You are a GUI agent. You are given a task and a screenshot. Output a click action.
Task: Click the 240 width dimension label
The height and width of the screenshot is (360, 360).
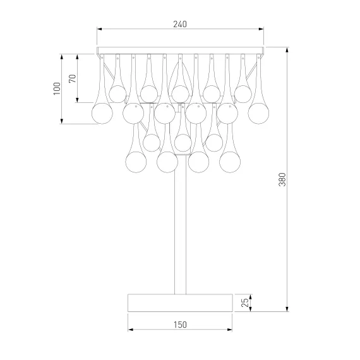[180, 24]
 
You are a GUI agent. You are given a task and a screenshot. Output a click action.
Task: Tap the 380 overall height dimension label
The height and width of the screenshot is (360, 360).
[282, 179]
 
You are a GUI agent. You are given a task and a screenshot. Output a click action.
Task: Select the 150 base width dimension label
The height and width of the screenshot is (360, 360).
[180, 325]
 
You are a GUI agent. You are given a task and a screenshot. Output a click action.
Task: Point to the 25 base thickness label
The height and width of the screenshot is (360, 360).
[245, 303]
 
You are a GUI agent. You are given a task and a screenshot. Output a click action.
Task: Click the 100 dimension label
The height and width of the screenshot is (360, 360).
[57, 88]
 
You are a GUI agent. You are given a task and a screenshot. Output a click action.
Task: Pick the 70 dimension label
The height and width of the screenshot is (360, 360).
[73, 79]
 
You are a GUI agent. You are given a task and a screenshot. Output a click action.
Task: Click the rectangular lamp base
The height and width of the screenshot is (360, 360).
[180, 303]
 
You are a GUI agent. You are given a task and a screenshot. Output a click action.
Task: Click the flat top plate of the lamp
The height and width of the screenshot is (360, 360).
[180, 51]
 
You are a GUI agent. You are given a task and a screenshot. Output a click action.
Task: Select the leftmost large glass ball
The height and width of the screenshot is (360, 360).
[102, 114]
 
